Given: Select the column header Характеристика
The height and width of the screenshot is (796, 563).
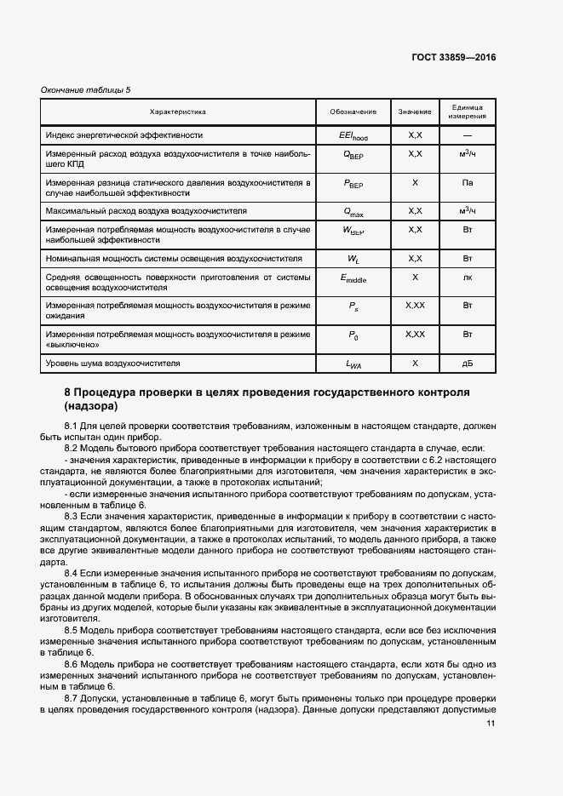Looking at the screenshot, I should coord(178,112).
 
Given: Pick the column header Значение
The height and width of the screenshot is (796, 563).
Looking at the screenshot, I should coord(415,112).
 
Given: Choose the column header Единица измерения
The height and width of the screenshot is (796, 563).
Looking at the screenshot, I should coord(468,112).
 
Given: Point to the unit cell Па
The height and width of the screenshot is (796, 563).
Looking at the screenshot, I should coord(468,182).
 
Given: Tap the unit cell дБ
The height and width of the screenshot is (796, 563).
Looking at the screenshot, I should coord(468,364).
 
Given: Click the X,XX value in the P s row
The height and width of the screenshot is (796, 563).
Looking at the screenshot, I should coord(415,305).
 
